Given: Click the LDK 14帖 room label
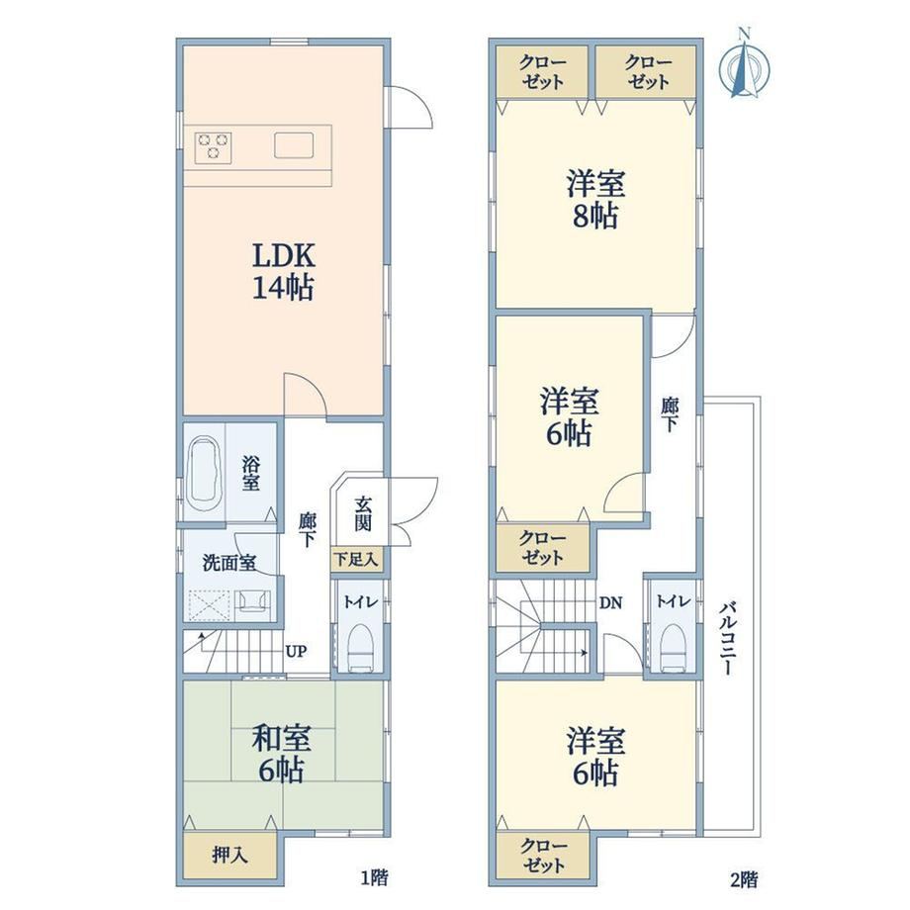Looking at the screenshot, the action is tap(283, 271).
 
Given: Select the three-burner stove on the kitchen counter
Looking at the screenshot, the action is tap(214, 147).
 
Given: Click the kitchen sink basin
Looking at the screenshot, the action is tap(294, 145).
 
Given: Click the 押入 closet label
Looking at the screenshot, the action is tap(229, 855).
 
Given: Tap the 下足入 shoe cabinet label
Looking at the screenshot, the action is tap(356, 559).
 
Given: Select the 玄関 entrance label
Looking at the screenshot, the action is tap(363, 513).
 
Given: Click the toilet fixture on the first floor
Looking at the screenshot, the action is tap(361, 648).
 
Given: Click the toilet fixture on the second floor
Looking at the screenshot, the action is tap(674, 648).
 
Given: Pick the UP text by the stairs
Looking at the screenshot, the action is tap(296, 651).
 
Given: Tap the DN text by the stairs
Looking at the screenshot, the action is tap(610, 603).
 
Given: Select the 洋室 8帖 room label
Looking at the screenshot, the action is tap(595, 200).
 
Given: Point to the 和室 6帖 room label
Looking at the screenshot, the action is tap(282, 754).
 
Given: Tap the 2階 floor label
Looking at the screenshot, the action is tap(744, 879).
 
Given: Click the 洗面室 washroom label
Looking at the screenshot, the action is tap(229, 563).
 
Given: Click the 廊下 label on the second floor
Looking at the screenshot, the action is tap(670, 414).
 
